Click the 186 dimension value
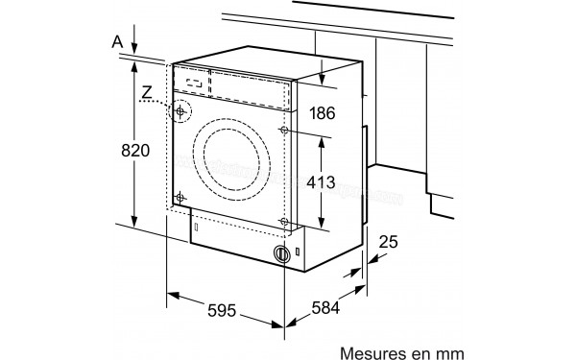coord(323,113)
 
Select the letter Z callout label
coord(147,93)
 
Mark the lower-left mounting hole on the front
coord(179,198)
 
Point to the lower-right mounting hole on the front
coord(284,223)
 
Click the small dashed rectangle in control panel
coord(194,84)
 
